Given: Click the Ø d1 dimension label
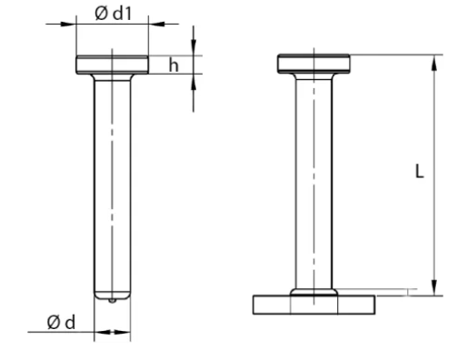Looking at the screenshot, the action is (x=114, y=14).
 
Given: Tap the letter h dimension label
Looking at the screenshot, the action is (x=174, y=65).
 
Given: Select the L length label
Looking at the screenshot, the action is (x=419, y=171).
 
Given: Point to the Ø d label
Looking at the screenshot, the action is (x=61, y=322).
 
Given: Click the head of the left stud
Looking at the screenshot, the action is (x=112, y=65).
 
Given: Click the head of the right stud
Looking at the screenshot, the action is (x=313, y=64).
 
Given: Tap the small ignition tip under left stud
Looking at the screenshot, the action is (x=112, y=301).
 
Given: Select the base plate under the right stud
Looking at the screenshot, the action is (x=314, y=305).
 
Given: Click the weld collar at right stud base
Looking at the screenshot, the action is (x=313, y=292).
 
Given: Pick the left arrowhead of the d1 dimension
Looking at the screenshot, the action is (x=68, y=24).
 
